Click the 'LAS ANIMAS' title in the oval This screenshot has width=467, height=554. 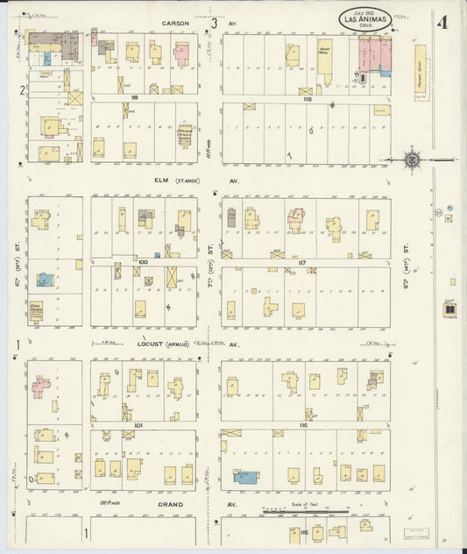point(365,18)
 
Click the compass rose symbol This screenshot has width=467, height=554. point(413,160)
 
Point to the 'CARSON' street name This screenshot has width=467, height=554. point(175,24)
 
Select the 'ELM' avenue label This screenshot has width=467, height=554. point(160,181)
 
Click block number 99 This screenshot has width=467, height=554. point(136,97)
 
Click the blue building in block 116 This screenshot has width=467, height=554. point(246,477)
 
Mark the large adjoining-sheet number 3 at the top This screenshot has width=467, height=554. point(213,23)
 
